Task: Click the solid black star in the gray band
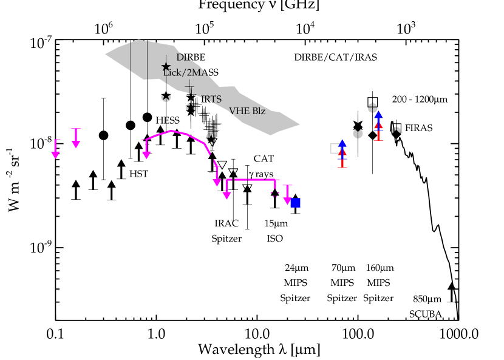pyautogui.click(x=166, y=67)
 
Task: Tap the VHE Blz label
pyautogui.click(x=247, y=111)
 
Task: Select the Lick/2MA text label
pyautogui.click(x=185, y=72)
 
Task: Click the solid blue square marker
pyautogui.click(x=296, y=203)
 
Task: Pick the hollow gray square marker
pyautogui.click(x=335, y=148)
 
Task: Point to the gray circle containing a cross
pyautogui.click(x=373, y=108)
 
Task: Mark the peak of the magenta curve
pyautogui.click(x=171, y=131)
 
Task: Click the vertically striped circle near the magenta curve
pyautogui.click(x=211, y=137)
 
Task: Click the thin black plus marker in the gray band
pyautogui.click(x=189, y=87)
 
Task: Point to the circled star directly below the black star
pyautogui.click(x=166, y=97)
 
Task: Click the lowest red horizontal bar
pyautogui.click(x=342, y=167)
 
